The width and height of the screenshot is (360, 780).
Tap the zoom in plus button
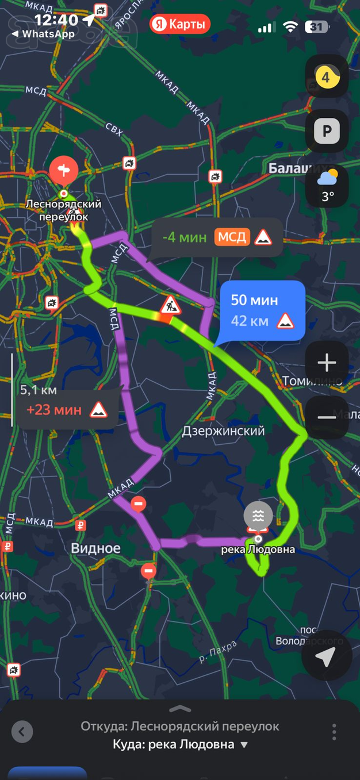[327, 363]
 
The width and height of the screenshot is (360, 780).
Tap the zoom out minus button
[327, 417]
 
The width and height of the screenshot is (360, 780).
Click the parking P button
[327, 132]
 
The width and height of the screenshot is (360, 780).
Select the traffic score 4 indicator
[327, 77]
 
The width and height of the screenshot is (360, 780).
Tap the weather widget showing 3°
[327, 185]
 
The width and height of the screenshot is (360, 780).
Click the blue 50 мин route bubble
[262, 310]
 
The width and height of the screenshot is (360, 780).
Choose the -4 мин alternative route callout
[217, 237]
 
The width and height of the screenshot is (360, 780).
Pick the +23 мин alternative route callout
[67, 410]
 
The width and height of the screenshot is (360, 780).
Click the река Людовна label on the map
[258, 550]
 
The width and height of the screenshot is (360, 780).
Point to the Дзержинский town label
[223, 431]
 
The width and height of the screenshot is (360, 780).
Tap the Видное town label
[95, 548]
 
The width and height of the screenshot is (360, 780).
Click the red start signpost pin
[63, 171]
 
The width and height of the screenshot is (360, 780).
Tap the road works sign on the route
[170, 305]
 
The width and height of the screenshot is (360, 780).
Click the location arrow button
[325, 657]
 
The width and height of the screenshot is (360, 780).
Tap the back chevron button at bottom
[22, 732]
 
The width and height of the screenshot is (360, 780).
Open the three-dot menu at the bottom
[334, 732]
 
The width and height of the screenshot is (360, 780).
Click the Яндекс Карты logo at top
[180, 24]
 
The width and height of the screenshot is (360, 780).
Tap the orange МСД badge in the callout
[232, 237]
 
